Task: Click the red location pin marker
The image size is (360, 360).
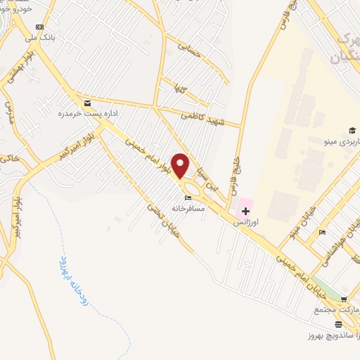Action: coord(181,165)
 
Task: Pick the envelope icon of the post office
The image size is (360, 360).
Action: coord(86,103)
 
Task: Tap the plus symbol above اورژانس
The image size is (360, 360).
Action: coord(245,211)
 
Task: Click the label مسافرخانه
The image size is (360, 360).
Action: coord(188,208)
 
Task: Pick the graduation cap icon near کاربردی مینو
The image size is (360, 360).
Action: coord(352,131)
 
